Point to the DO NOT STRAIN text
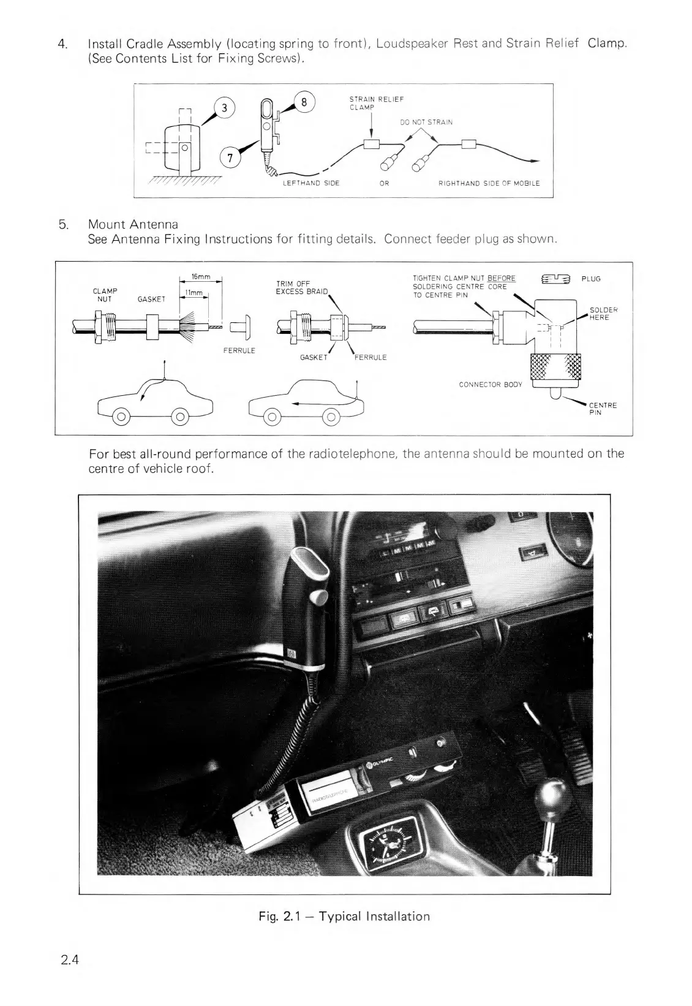click(x=426, y=122)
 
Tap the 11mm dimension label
click(x=194, y=293)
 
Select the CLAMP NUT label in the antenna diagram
click(x=105, y=295)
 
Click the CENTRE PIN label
click(x=603, y=409)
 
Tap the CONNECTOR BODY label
click(x=491, y=384)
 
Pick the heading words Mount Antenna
click(x=133, y=224)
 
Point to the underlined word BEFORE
click(x=501, y=279)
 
